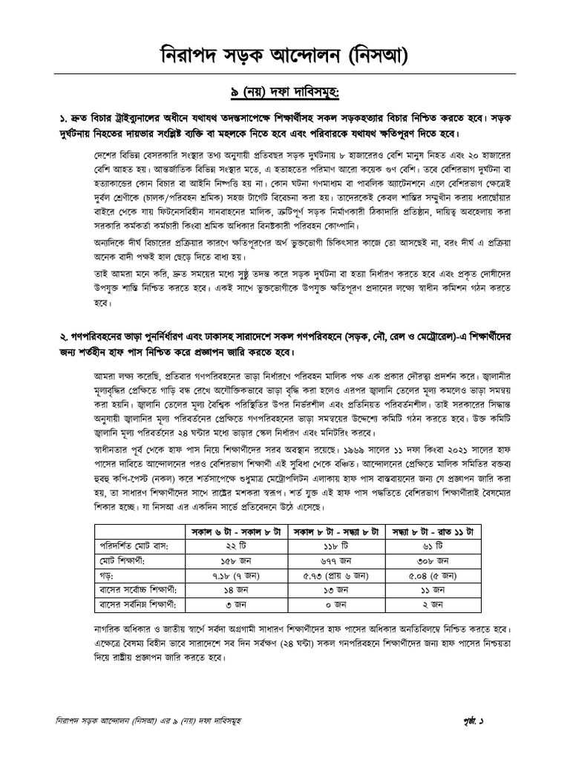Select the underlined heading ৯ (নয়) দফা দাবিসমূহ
click(x=285, y=93)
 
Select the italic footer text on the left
click(x=156, y=721)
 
